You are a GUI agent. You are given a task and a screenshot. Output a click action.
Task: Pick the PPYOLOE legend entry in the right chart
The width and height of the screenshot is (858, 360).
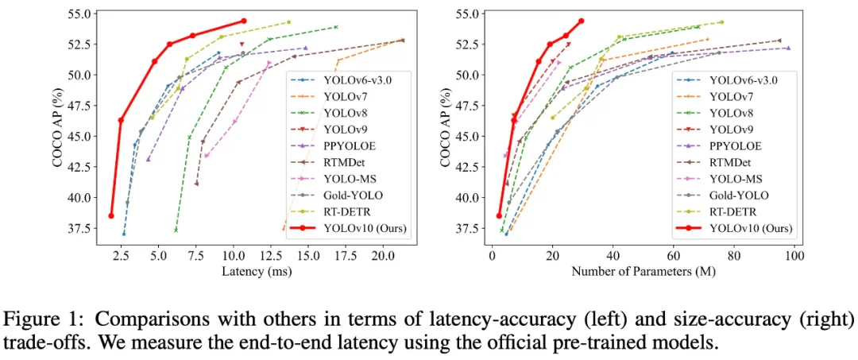pos(735,145)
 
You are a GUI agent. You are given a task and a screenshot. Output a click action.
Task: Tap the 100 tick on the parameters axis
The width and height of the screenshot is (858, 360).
pos(794,255)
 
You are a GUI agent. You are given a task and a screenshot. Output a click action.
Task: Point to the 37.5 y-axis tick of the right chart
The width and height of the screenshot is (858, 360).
pos(466,228)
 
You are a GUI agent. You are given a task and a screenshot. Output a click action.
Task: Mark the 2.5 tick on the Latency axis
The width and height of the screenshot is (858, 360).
pos(120,255)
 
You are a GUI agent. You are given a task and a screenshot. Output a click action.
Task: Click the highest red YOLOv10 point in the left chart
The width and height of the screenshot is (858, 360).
pos(243,21)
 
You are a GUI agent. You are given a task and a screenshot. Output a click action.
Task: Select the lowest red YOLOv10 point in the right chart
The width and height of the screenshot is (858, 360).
pos(499,215)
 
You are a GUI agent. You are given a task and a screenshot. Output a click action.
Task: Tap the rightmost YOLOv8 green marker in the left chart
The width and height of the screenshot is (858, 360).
pos(336,27)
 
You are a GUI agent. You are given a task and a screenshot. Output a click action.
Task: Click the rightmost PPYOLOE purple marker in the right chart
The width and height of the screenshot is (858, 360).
pos(788,48)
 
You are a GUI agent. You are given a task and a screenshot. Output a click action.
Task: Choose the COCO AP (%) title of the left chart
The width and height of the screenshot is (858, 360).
pos(57,124)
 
